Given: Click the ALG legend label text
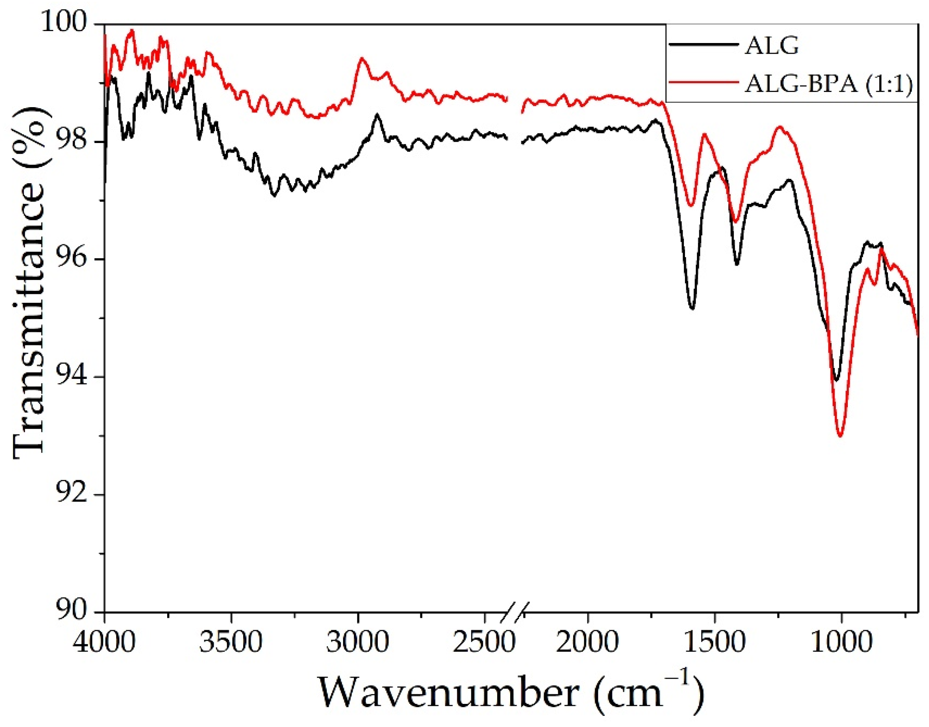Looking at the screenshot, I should (x=771, y=46).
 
